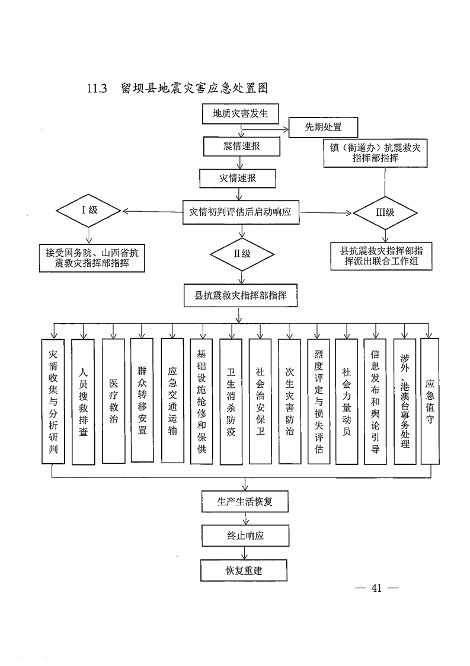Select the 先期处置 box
click(x=323, y=127)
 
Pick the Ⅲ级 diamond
click(x=386, y=211)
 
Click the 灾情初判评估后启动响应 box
click(x=240, y=211)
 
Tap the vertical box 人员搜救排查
click(x=83, y=401)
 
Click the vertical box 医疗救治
click(x=113, y=401)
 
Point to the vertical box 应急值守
click(x=430, y=401)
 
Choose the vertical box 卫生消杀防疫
click(x=231, y=401)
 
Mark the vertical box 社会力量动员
click(x=346, y=401)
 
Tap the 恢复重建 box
click(x=244, y=571)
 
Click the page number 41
click(x=376, y=588)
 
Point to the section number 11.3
click(x=96, y=89)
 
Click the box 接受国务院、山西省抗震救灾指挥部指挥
click(x=92, y=257)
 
